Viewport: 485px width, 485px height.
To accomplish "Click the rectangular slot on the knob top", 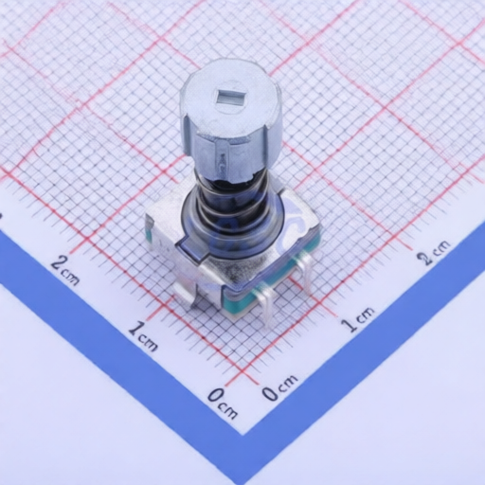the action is coord(230,96).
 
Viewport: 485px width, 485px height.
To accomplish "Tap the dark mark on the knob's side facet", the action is coord(224,163).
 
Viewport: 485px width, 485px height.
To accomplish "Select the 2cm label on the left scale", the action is coord(64,269).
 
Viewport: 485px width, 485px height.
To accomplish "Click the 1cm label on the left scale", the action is coord(143,335).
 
